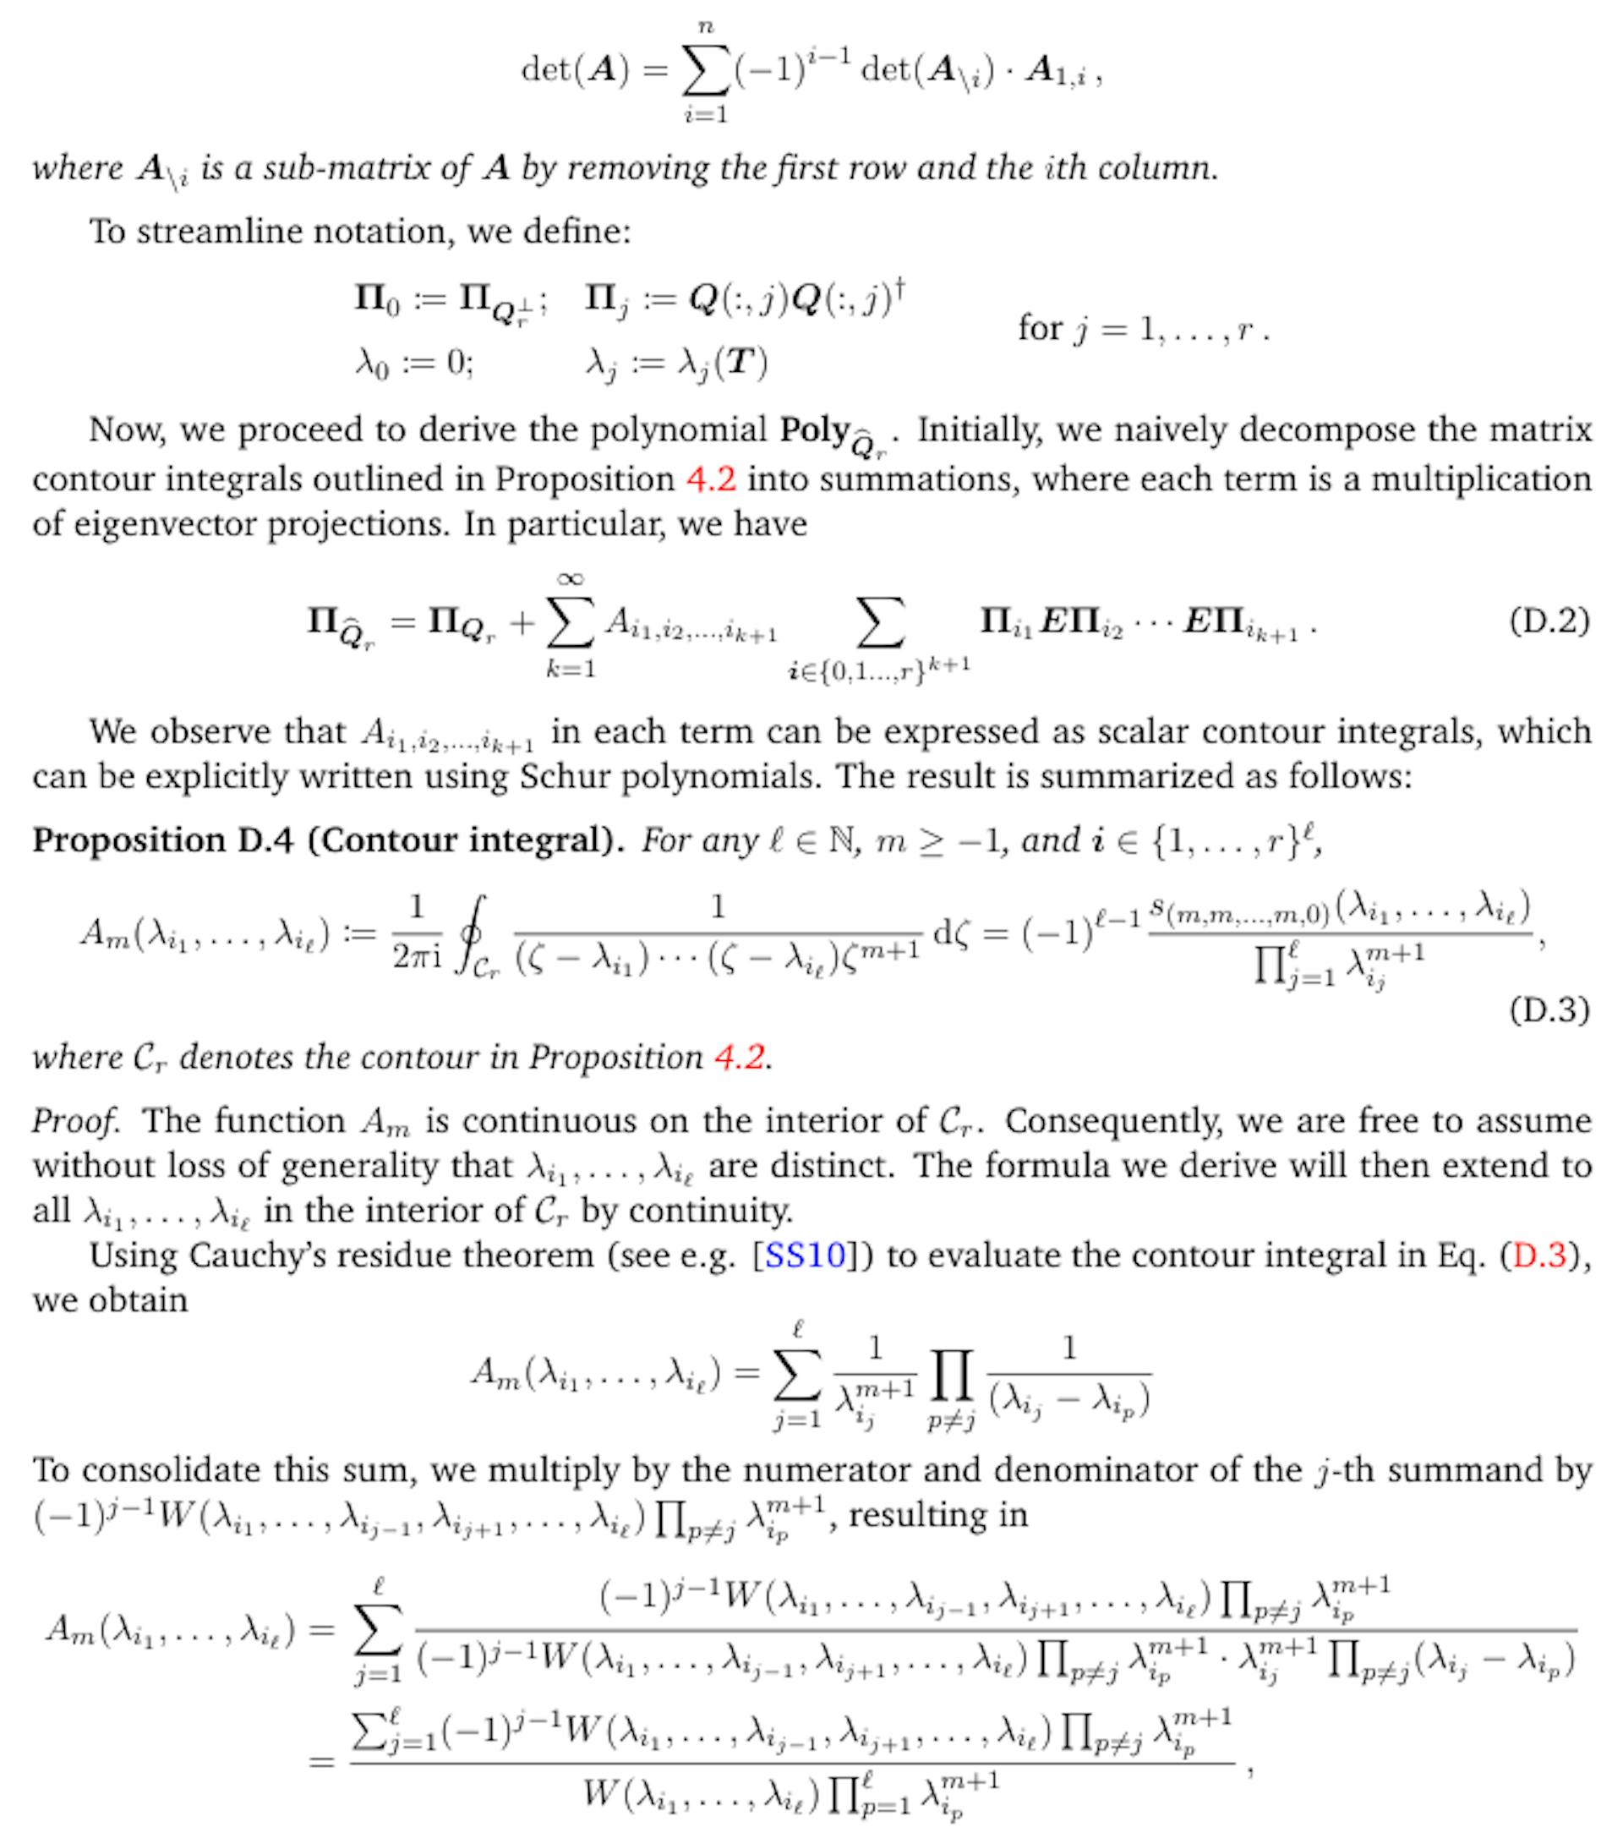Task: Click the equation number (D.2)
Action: [1549, 621]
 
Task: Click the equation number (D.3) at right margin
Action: [1549, 1009]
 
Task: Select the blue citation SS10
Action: [804, 1255]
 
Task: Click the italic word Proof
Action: [74, 1121]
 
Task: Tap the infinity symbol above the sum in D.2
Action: [571, 579]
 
